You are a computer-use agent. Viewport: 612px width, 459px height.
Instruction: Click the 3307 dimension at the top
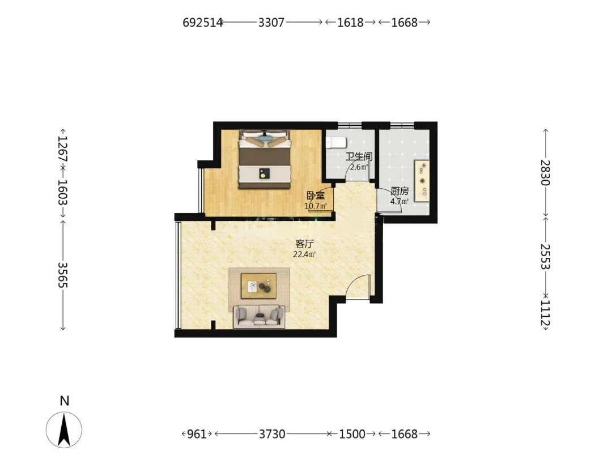tap(271, 22)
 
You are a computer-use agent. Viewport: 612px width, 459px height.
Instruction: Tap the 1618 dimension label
tap(350, 22)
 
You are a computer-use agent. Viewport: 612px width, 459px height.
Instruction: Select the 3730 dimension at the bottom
tap(272, 433)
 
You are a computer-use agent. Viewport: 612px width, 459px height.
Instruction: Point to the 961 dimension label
tap(197, 433)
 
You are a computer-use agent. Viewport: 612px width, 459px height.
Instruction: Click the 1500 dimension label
tap(352, 433)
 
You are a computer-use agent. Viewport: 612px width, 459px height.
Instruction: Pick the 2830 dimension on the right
tap(545, 172)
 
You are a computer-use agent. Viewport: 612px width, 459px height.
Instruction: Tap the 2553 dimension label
tap(545, 257)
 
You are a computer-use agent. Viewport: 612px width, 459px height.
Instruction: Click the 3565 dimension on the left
tap(63, 275)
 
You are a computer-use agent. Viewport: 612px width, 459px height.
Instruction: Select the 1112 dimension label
tap(545, 313)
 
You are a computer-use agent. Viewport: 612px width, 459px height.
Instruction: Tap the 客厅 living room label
tap(304, 244)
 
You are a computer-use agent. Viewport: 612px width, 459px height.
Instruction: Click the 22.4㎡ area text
tap(304, 254)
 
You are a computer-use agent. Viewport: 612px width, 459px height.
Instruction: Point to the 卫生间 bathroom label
tap(359, 157)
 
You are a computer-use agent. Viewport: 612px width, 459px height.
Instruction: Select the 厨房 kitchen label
tap(399, 192)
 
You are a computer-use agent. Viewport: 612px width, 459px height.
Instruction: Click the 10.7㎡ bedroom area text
tap(316, 206)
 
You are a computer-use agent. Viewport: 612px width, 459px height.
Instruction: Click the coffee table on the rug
tap(258, 285)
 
